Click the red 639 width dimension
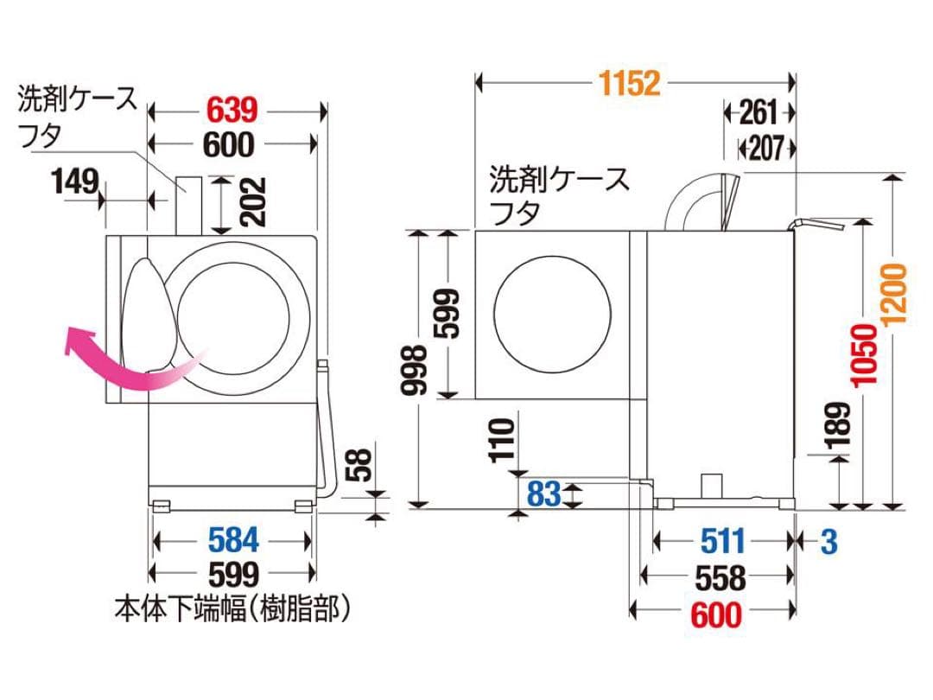[231, 111]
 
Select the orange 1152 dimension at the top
[629, 83]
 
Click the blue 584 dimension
[233, 540]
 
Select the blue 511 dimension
[721, 541]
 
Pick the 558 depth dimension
[720, 577]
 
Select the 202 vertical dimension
[252, 202]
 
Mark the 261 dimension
[759, 112]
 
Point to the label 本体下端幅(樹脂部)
[233, 609]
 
